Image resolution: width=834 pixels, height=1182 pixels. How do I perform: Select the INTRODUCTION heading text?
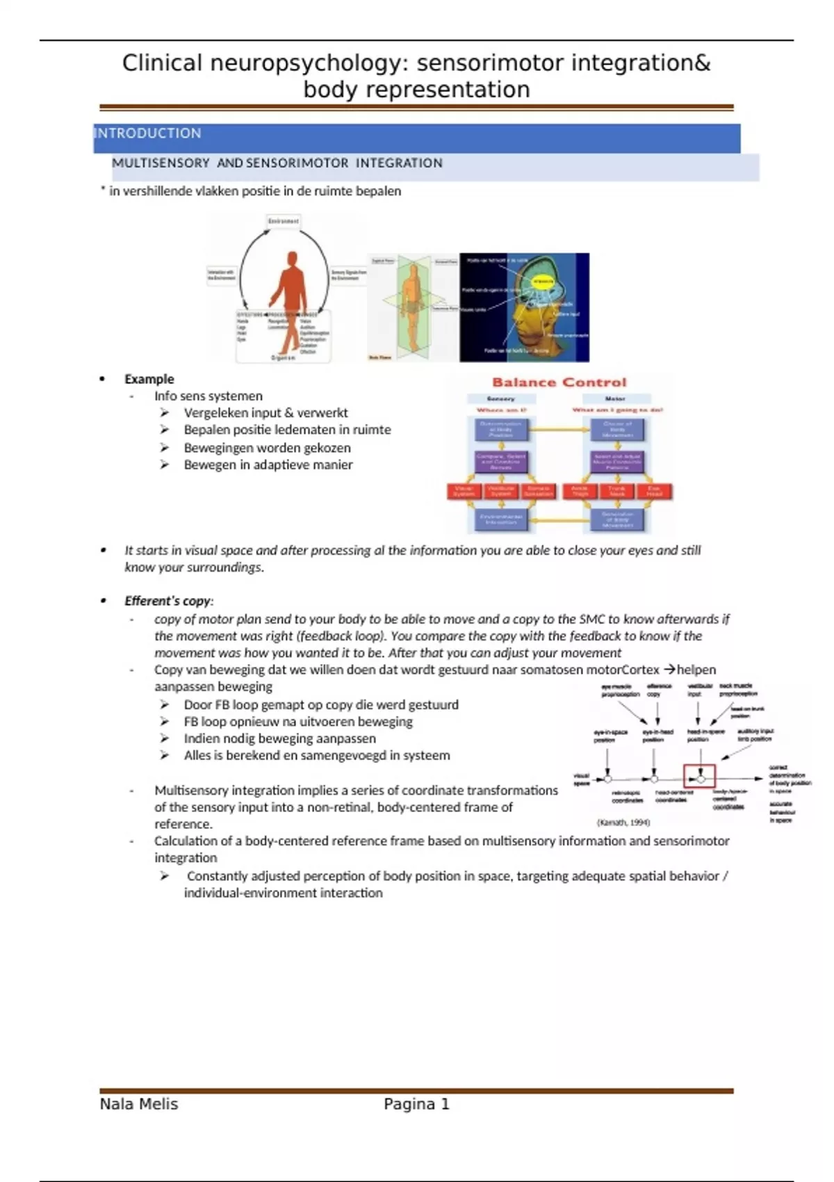148,133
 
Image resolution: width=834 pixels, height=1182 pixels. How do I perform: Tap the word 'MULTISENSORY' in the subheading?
161,163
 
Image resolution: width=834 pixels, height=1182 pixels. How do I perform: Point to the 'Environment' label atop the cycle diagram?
283,221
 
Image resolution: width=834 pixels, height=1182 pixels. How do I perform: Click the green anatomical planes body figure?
412,306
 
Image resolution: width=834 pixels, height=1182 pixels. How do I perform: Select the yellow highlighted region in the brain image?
543,282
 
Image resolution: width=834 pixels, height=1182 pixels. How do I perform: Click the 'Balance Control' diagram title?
559,382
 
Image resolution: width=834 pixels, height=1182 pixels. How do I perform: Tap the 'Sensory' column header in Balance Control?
500,399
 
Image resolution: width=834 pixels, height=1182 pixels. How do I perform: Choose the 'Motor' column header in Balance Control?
615,399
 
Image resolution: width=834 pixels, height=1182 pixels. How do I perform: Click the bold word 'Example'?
149,379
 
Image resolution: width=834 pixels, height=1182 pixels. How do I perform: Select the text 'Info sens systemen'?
208,396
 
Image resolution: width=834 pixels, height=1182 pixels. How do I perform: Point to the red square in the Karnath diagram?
699,776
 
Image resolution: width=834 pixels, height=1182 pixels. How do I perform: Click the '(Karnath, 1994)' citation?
623,822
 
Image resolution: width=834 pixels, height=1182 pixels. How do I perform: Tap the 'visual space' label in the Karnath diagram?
581,779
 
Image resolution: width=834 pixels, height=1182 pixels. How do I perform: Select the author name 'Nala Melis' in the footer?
139,1104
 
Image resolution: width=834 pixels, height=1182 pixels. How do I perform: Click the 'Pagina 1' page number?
416,1104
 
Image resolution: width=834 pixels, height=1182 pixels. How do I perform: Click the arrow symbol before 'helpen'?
669,670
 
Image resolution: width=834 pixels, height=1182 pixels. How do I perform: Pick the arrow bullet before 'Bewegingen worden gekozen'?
165,448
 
